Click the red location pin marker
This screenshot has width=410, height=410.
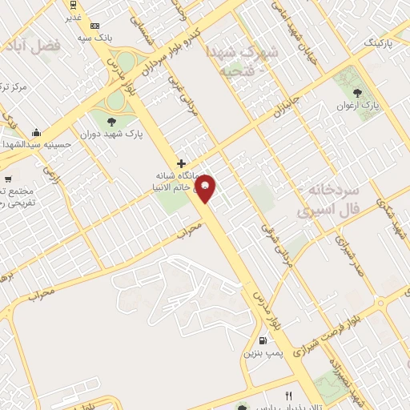[x=206, y=187]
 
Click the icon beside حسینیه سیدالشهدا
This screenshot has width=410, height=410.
[x=35, y=132]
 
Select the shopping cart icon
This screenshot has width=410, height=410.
[x=8, y=179]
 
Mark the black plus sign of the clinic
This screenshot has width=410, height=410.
[x=182, y=163]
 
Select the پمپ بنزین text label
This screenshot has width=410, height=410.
[x=264, y=353]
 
